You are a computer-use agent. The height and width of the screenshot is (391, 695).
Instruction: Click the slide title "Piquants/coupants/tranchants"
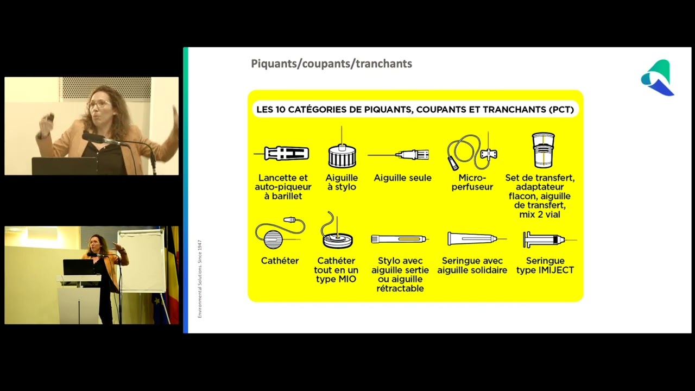331,64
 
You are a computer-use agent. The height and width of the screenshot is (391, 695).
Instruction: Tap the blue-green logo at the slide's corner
658,78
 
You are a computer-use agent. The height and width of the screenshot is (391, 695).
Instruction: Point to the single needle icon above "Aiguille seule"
402,155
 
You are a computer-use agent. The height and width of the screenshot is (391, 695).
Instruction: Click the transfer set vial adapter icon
543,150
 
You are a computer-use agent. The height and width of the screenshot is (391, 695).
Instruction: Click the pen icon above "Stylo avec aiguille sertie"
400,239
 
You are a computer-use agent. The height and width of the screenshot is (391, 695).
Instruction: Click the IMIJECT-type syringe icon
545,239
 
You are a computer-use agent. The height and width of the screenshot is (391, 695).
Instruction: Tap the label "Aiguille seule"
402,178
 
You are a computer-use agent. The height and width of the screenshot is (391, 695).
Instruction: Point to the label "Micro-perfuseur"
472,182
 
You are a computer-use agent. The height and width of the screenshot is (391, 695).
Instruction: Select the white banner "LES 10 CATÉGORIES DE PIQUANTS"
415,109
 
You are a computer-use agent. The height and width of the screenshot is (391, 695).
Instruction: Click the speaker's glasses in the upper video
98,104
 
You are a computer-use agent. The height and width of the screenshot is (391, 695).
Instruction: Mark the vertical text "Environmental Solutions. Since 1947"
200,278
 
